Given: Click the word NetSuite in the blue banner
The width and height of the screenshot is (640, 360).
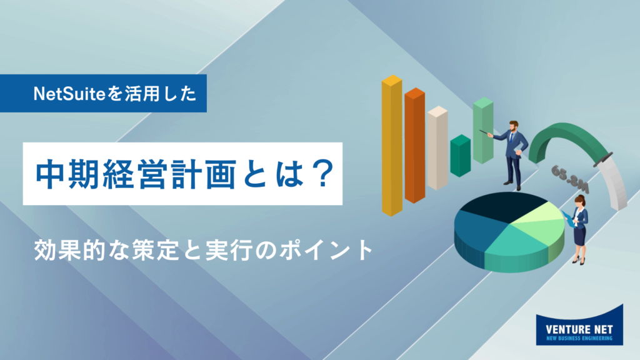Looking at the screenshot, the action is click(70, 94).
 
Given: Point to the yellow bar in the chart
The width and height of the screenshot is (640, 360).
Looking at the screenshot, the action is click(392, 145).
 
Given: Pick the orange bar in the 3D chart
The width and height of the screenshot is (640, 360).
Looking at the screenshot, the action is click(415, 145).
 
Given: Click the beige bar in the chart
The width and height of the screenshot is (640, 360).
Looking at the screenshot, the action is click(437, 147).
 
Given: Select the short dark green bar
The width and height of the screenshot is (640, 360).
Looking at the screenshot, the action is click(461, 156).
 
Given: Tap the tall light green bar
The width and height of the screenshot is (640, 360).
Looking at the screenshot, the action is click(483, 130).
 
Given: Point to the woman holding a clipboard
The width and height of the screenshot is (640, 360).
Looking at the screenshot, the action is click(578, 229).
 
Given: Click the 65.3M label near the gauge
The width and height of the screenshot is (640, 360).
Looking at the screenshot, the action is click(570, 179).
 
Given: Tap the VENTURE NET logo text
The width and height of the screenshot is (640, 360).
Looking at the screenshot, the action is click(579, 329).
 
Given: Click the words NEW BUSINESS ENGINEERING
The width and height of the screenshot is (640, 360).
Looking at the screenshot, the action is click(579, 338).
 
